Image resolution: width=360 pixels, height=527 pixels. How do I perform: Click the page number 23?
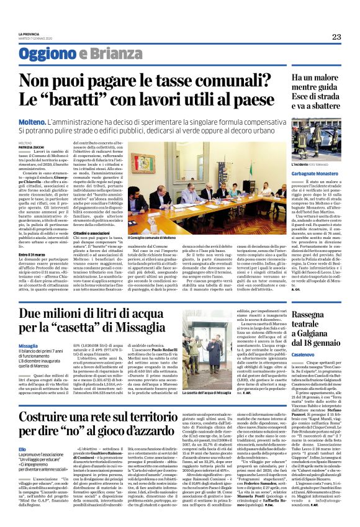(336, 37)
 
